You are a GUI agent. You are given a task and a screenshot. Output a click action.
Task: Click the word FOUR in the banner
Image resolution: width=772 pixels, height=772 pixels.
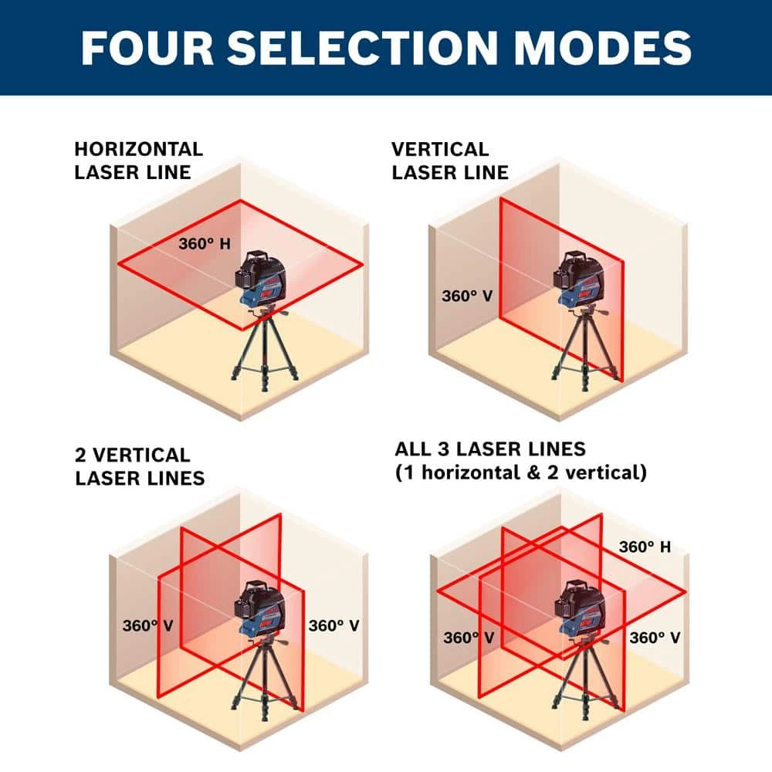pos(147,48)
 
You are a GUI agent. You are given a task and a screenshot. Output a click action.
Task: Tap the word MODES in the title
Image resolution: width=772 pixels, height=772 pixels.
pos(602,48)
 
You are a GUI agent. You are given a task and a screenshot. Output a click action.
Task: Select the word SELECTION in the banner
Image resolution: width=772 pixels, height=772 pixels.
pos(363,48)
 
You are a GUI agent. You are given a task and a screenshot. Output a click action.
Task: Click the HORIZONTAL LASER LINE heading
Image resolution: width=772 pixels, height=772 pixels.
pos(138,161)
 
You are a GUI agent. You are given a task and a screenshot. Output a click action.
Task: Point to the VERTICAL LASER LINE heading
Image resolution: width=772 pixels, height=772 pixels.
pos(450,161)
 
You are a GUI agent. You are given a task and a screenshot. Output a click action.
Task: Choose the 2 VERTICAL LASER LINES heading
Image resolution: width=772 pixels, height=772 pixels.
pos(140,466)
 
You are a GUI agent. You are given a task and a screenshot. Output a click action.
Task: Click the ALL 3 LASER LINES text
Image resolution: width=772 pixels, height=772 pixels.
pos(490,449)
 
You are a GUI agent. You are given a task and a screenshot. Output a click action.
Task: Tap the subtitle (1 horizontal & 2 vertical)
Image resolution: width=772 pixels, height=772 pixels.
pos(521,472)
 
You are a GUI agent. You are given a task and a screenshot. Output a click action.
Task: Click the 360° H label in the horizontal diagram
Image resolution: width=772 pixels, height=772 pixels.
pos(205,244)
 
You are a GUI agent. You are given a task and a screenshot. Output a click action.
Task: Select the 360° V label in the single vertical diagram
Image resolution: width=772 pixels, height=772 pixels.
pos(467,296)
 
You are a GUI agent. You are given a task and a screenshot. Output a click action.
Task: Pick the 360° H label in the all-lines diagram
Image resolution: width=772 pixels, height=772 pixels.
pos(645,547)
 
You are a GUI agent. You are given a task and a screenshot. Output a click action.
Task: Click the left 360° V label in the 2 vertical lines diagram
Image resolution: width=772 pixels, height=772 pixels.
pos(147,626)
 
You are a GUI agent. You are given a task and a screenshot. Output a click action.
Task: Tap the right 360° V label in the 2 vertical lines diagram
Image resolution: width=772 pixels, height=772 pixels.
pos(334,626)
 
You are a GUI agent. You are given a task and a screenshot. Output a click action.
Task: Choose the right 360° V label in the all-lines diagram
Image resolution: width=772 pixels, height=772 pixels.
pos(655,638)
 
